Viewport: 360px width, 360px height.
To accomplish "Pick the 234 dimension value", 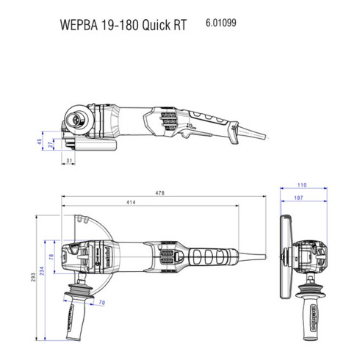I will [43, 273].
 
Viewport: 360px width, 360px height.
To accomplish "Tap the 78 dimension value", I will [51, 256].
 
